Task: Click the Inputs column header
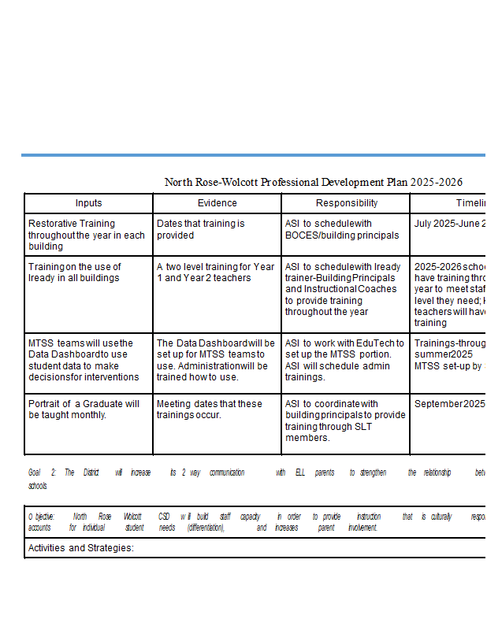[88, 203]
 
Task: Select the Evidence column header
[217, 203]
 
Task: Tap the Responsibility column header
[345, 203]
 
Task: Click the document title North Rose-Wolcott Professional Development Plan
[314, 182]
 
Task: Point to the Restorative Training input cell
[87, 235]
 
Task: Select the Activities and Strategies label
[81, 547]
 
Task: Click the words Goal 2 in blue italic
[43, 472]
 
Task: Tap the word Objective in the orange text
[42, 517]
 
